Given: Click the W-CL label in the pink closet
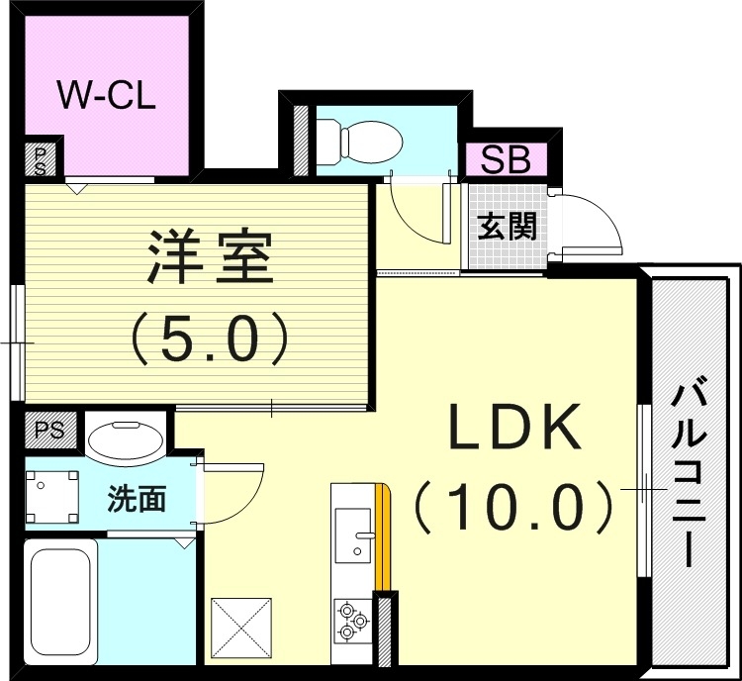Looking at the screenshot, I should (106, 97).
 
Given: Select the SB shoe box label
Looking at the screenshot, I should (506, 160).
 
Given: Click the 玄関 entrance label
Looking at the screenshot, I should (507, 227).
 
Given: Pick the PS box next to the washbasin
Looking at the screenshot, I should (49, 431).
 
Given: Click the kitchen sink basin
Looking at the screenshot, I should (352, 535).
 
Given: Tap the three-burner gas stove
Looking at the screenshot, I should (353, 621).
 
